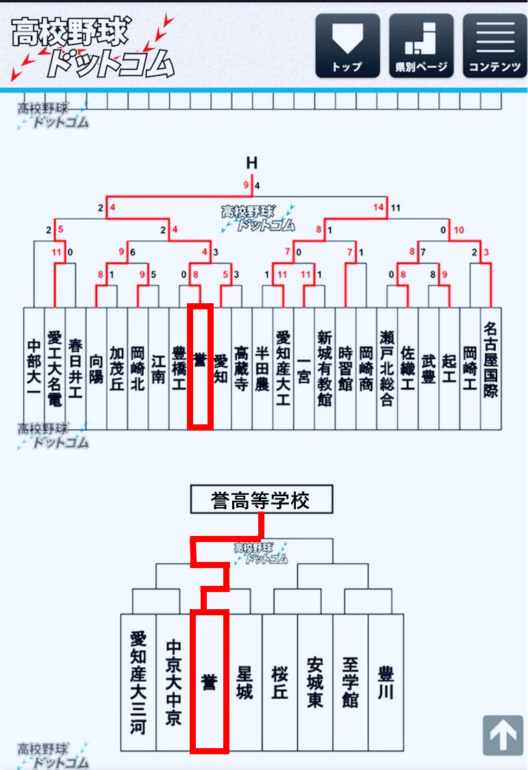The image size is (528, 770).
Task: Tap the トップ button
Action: pyautogui.click(x=347, y=45)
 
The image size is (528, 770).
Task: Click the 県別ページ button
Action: pyautogui.click(x=421, y=45)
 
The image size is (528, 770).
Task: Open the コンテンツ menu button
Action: pyautogui.click(x=494, y=45)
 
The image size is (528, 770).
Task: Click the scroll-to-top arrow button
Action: pyautogui.click(x=503, y=735)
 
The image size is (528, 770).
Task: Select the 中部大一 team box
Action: pyautogui.click(x=34, y=368)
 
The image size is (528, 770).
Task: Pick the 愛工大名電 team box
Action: pyautogui.click(x=55, y=368)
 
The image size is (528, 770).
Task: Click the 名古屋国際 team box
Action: pyautogui.click(x=491, y=368)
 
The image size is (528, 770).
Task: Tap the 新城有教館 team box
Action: pyautogui.click(x=325, y=368)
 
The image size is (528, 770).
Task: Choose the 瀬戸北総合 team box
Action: pyautogui.click(x=387, y=368)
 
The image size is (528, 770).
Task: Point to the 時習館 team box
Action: pyautogui.click(x=345, y=368)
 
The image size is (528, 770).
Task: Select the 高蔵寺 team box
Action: pyautogui.click(x=241, y=368)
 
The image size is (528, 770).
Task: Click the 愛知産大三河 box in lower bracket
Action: pyautogui.click(x=138, y=682)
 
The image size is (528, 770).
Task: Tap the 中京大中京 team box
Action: pyautogui.click(x=173, y=682)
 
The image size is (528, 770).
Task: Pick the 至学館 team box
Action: pyautogui.click(x=351, y=682)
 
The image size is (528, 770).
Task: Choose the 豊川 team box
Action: pyautogui.click(x=386, y=682)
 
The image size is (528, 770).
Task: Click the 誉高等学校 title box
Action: pyautogui.click(x=261, y=500)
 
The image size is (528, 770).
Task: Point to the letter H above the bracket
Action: pyautogui.click(x=251, y=163)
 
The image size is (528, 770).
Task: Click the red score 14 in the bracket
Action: pyautogui.click(x=379, y=206)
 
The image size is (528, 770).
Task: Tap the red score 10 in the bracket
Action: pyautogui.click(x=459, y=230)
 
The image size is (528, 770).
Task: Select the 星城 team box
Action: pyautogui.click(x=244, y=682)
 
